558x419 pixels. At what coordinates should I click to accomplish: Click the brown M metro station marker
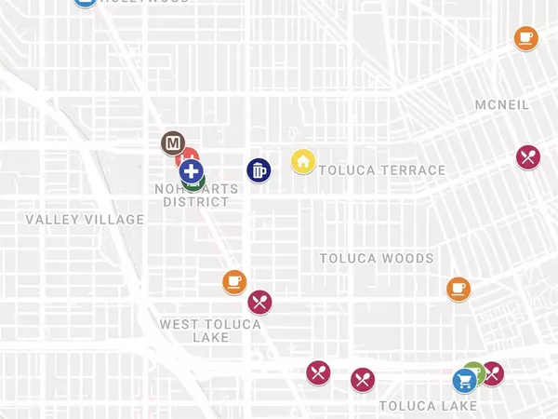point(172,143)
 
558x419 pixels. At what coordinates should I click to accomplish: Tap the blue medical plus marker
point(192,170)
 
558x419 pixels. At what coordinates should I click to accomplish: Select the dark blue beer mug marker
point(259,170)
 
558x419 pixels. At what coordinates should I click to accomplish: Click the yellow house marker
point(303,161)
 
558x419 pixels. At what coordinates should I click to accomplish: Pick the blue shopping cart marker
point(464,381)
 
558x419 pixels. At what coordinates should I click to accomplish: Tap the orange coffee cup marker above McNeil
point(525,38)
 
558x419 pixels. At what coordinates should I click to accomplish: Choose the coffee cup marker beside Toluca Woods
point(458,289)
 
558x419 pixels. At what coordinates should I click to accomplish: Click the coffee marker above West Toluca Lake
point(234,281)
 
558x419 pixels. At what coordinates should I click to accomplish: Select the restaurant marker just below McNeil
point(529,156)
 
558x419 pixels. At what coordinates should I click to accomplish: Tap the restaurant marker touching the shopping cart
point(493,373)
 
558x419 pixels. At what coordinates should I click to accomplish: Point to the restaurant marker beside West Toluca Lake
point(259,302)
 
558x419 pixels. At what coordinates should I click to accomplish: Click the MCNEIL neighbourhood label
point(502,105)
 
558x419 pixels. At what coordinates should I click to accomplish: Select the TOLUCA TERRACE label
point(382,170)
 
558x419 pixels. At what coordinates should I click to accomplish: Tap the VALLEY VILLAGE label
point(85,220)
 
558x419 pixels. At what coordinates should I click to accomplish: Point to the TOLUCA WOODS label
point(377,258)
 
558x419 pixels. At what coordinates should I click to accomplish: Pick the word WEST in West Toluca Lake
point(179,324)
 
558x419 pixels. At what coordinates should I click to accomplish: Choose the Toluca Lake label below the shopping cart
point(428,406)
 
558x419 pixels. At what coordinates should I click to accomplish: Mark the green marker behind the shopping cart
point(474,370)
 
